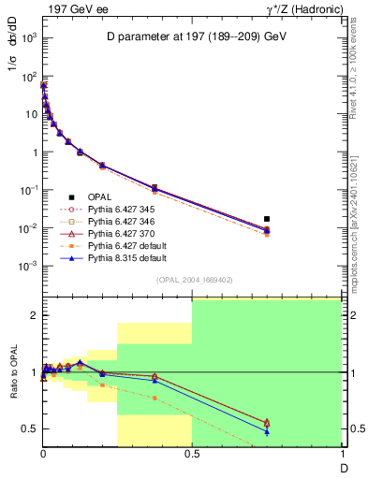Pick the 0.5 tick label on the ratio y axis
[28, 428]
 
